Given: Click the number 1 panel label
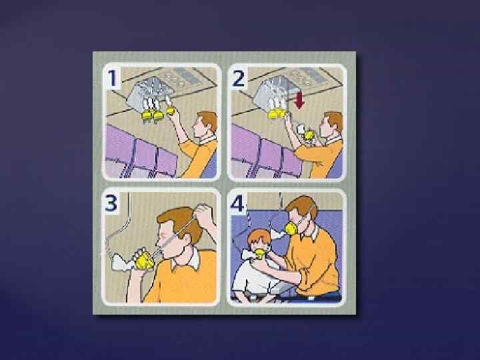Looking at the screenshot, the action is [113, 78].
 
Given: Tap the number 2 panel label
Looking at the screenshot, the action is [239, 78].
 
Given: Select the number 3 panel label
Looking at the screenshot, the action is [111, 203].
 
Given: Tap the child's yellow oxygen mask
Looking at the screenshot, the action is [260, 253].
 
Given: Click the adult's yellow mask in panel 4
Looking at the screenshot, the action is [291, 229].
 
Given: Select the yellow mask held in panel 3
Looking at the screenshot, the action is [144, 261].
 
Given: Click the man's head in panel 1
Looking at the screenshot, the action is [205, 124].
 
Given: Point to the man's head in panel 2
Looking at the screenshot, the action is [331, 124].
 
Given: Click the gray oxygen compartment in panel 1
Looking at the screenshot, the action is [149, 93].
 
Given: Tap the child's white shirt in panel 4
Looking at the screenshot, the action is [255, 277].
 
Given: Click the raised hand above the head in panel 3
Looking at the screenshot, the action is [203, 213].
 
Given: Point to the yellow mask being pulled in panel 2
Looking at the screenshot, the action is [309, 135].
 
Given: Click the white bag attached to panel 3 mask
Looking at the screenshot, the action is [121, 263].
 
